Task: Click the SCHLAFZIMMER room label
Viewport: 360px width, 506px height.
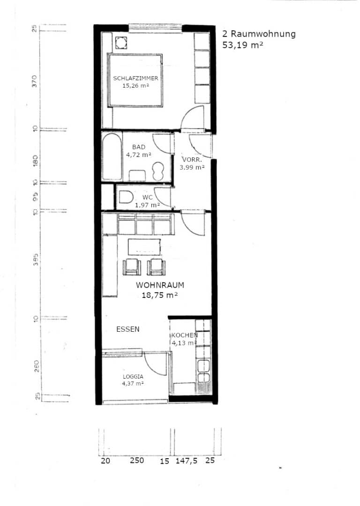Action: (135, 78)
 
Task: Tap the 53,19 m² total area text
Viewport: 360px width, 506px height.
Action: (242, 45)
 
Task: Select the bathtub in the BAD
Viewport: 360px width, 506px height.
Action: (112, 157)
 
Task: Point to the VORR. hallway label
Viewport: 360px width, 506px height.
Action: (192, 159)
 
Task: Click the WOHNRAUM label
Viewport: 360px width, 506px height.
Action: (160, 285)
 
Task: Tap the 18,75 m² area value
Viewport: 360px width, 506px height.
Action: (160, 295)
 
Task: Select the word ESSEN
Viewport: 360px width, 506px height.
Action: (128, 329)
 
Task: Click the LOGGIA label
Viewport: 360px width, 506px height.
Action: (133, 377)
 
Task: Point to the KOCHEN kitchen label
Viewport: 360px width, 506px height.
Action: (185, 335)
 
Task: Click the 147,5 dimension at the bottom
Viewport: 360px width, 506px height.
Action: (186, 461)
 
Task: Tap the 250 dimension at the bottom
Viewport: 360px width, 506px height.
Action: (137, 460)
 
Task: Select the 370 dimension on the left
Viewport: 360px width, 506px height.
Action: (35, 81)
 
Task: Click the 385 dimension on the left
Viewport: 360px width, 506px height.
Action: (36, 259)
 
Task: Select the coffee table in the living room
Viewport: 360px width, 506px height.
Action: (144, 247)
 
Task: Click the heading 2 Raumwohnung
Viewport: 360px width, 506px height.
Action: (259, 34)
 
